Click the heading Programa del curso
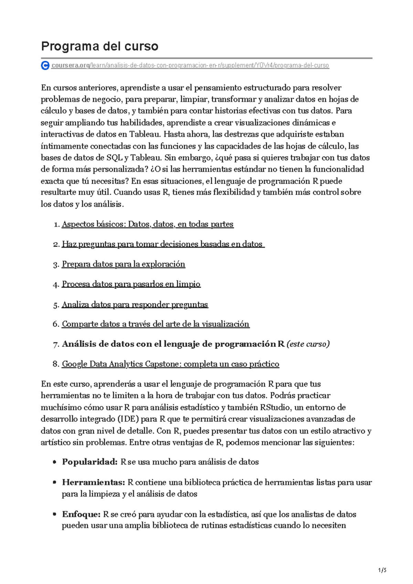(x=99, y=46)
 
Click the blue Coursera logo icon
(x=45, y=65)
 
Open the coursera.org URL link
(x=190, y=65)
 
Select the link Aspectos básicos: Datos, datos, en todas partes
(x=147, y=224)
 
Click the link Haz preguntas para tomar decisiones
(x=162, y=244)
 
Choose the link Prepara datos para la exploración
(x=123, y=264)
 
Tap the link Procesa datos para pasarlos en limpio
(x=131, y=284)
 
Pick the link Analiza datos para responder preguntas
(x=135, y=304)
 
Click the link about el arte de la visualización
(x=155, y=324)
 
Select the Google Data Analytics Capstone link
(x=170, y=364)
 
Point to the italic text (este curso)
(x=308, y=344)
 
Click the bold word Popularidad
(x=90, y=462)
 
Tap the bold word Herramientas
(x=93, y=482)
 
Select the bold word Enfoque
(x=81, y=514)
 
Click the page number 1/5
(x=382, y=570)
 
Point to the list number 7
(x=56, y=344)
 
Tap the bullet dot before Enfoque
(x=54, y=515)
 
